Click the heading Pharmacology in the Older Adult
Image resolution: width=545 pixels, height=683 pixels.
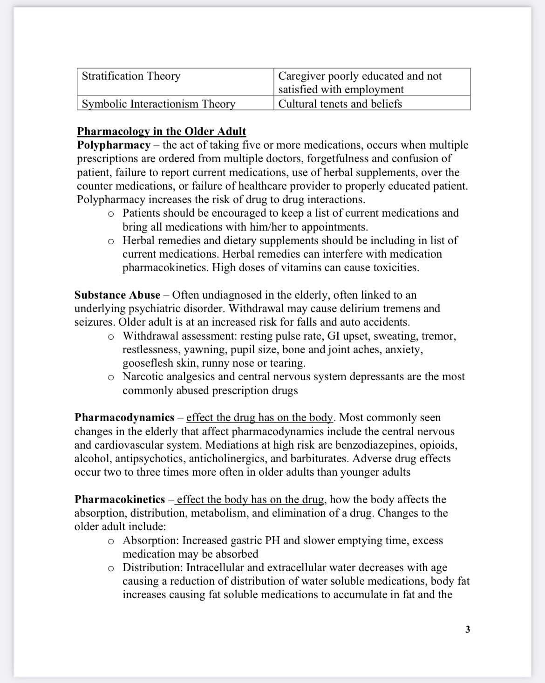click(x=161, y=131)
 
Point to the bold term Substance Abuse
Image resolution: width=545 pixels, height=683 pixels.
click(x=117, y=295)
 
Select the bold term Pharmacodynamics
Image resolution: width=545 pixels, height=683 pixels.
click(x=124, y=417)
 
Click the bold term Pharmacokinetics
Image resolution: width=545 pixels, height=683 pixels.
click(x=120, y=499)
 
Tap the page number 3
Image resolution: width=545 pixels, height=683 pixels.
click(x=468, y=629)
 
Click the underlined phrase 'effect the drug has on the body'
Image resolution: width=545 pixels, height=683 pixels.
click(x=260, y=417)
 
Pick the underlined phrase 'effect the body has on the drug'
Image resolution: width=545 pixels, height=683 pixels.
click(x=251, y=499)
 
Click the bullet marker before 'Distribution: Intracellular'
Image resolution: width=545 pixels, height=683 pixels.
click(x=111, y=568)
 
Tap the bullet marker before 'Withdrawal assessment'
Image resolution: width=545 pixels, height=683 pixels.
click(x=111, y=336)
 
